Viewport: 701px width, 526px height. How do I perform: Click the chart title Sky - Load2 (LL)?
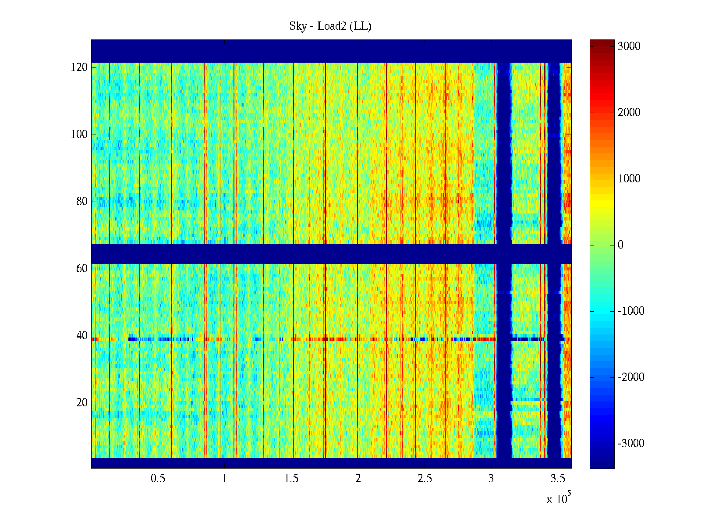pyautogui.click(x=330, y=26)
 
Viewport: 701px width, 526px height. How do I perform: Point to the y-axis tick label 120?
pyautogui.click(x=79, y=68)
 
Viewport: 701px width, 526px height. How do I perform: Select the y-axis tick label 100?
pyautogui.click(x=79, y=135)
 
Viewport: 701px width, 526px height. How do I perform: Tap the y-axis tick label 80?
pyautogui.click(x=82, y=202)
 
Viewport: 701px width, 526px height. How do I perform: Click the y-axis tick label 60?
pyautogui.click(x=82, y=269)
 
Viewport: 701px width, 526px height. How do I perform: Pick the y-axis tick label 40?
pyautogui.click(x=82, y=336)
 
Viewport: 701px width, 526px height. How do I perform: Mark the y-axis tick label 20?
pyautogui.click(x=82, y=403)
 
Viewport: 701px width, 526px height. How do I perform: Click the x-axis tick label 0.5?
pyautogui.click(x=158, y=479)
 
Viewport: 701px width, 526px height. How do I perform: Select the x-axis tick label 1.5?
pyautogui.click(x=291, y=479)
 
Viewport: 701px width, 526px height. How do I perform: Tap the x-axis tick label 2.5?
pyautogui.click(x=425, y=479)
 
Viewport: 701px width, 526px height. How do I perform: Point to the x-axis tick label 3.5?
pyautogui.click(x=558, y=479)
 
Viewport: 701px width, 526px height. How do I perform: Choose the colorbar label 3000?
pyautogui.click(x=629, y=46)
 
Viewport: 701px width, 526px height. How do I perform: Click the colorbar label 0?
pyautogui.click(x=620, y=245)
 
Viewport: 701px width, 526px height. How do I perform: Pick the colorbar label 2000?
pyautogui.click(x=629, y=113)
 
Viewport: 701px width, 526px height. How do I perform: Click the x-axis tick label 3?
pyautogui.click(x=491, y=479)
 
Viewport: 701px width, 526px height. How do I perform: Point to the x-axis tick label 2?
pyautogui.click(x=358, y=479)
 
